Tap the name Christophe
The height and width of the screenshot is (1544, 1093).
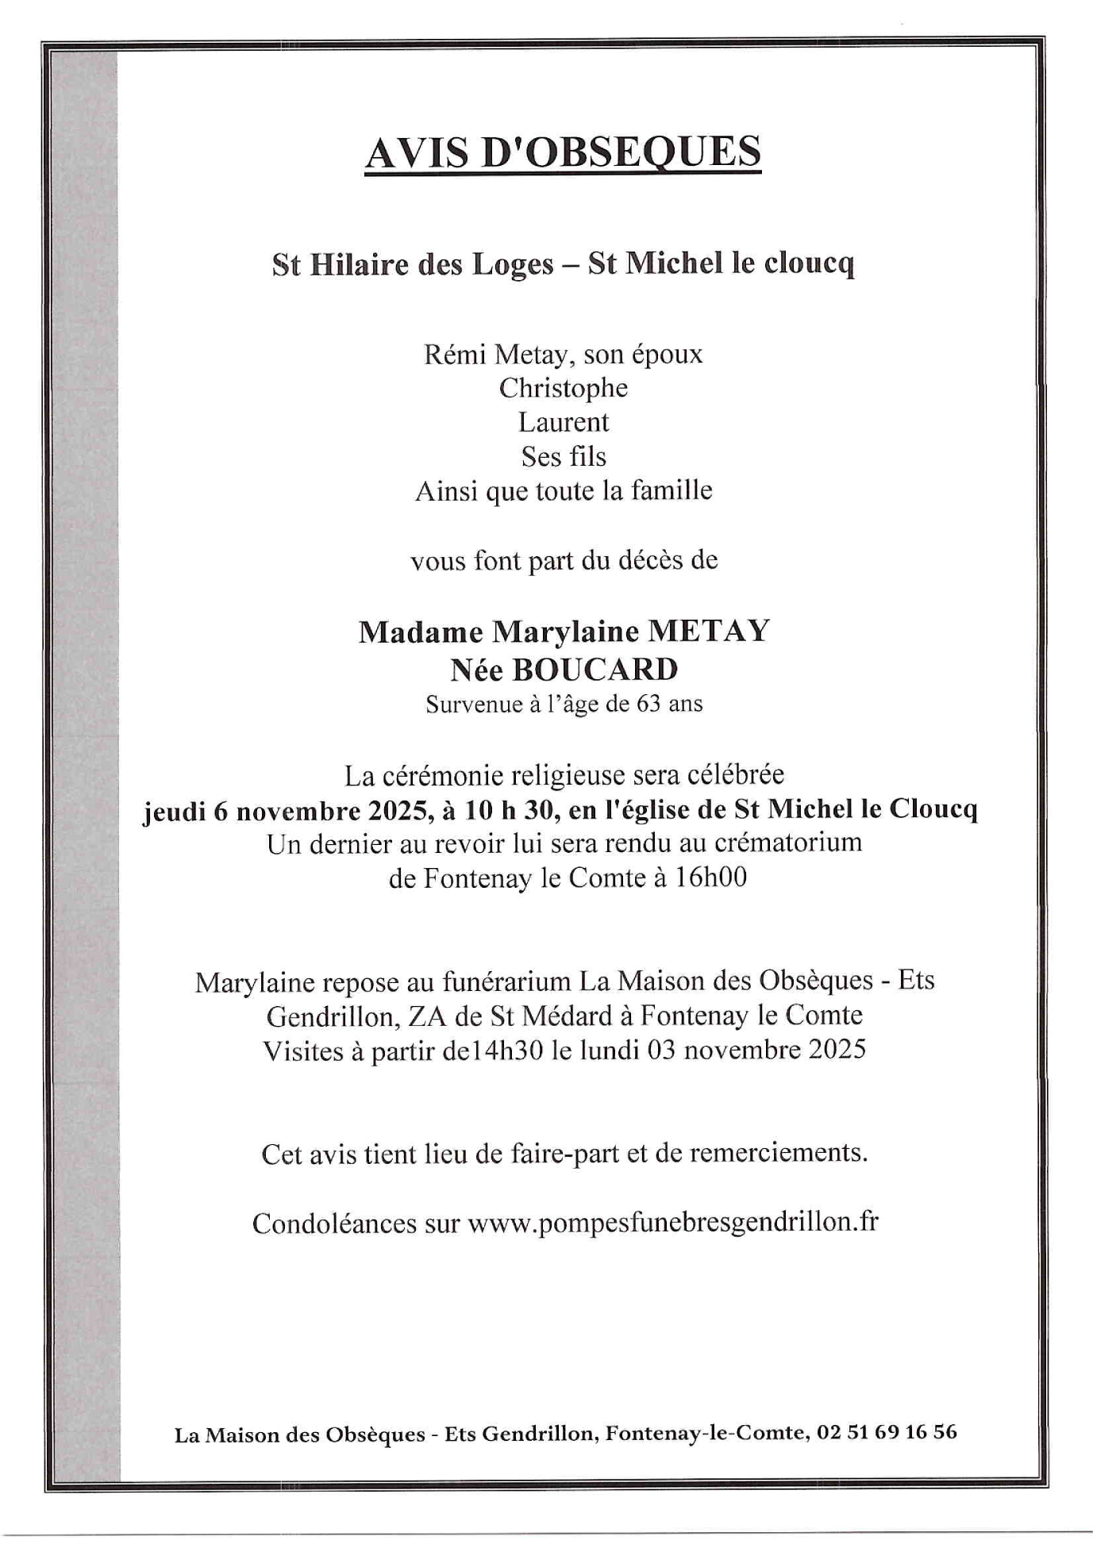pos(563,388)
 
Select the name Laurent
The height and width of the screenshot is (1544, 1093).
pos(564,422)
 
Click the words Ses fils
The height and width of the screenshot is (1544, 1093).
pos(564,457)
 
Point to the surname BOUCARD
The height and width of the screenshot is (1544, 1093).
pos(595,670)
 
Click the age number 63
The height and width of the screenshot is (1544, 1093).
pos(648,704)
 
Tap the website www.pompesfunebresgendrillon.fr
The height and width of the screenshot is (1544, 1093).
pos(673,1222)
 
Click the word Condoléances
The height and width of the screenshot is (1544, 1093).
pos(334,1223)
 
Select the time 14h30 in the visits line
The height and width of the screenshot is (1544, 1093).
pos(515,1050)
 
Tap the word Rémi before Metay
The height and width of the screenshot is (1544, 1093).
pos(456,354)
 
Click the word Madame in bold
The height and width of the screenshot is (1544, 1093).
pos(421,632)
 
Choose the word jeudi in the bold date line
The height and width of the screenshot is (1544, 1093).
pos(175,810)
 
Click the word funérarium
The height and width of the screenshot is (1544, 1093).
pos(506,982)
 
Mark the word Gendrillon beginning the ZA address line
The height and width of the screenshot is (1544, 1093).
pos(328,1016)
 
